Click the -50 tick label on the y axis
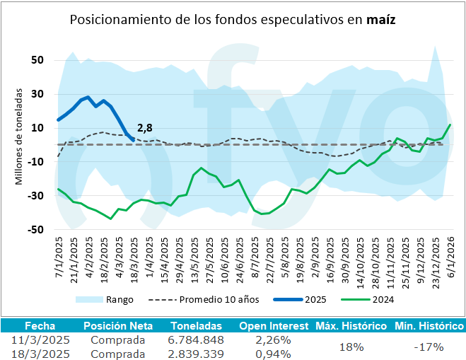pyautogui.click(x=35, y=230)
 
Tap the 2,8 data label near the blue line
pyautogui.click(x=144, y=127)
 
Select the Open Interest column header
pyautogui.click(x=274, y=326)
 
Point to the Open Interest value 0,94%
pyautogui.click(x=274, y=354)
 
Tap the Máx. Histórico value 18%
pyautogui.click(x=351, y=347)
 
